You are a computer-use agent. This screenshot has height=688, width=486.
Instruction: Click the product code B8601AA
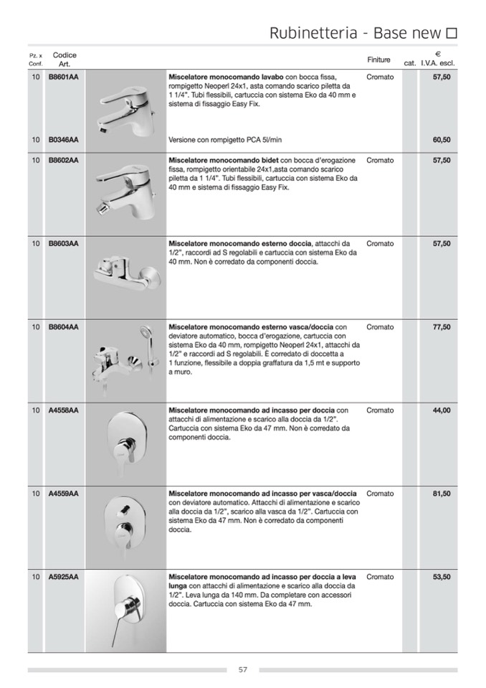pyautogui.click(x=63, y=77)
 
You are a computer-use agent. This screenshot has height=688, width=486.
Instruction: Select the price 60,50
pyautogui.click(x=442, y=140)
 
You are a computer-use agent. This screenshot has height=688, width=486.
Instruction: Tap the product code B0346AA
pyautogui.click(x=63, y=140)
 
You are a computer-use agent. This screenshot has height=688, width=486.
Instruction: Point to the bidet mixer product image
pyautogui.click(x=126, y=187)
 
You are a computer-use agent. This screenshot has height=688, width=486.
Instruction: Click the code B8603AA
pyautogui.click(x=63, y=244)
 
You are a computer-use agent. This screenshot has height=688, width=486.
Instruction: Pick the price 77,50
pyautogui.click(x=442, y=327)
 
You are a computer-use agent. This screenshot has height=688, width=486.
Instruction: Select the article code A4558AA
pyautogui.click(x=63, y=410)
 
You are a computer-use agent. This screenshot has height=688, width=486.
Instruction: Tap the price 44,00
pyautogui.click(x=442, y=410)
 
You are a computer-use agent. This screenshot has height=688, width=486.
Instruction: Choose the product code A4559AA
pyautogui.click(x=63, y=494)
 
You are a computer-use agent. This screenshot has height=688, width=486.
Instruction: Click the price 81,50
pyautogui.click(x=442, y=494)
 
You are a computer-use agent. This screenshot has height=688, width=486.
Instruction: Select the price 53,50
pyautogui.click(x=442, y=577)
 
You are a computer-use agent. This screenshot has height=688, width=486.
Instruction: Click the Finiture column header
pyautogui.click(x=378, y=60)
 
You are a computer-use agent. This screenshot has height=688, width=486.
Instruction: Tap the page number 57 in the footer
pyautogui.click(x=243, y=670)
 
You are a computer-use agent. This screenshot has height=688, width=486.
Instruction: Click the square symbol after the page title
pyautogui.click(x=452, y=33)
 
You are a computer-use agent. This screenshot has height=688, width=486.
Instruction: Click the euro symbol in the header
pyautogui.click(x=438, y=54)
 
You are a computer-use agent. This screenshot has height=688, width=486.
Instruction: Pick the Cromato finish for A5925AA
pyautogui.click(x=380, y=577)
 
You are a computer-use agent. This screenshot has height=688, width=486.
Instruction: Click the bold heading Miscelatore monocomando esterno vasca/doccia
pyautogui.click(x=250, y=327)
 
